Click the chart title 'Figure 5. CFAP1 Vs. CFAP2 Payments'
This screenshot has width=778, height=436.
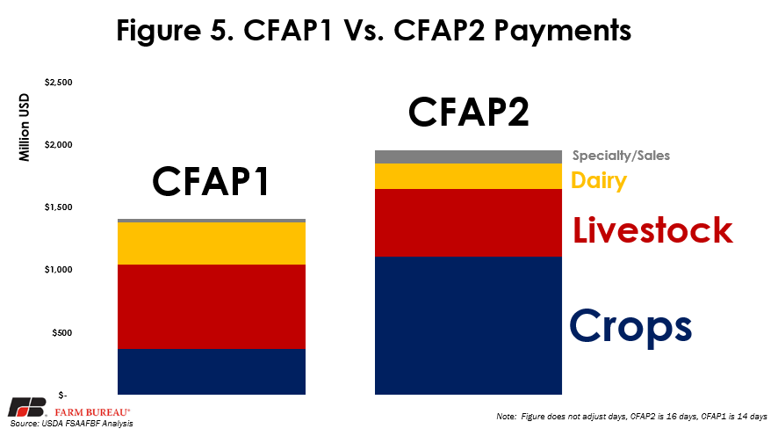[x=373, y=30]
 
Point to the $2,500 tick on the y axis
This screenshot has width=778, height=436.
[x=59, y=83]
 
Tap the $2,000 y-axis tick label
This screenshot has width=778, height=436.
[x=59, y=145]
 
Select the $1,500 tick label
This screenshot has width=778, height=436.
[x=59, y=207]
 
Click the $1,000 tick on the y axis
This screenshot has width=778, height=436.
[x=59, y=270]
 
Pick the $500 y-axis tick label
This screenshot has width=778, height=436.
[x=62, y=332]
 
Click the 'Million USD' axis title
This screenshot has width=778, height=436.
[x=25, y=127]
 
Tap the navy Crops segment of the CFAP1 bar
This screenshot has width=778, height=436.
[x=212, y=372]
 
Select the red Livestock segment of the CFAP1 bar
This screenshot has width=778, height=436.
[x=212, y=307]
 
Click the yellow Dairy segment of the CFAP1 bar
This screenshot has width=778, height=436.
[x=212, y=243]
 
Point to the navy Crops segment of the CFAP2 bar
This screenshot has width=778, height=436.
[x=468, y=326]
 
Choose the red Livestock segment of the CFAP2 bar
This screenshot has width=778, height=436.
[x=468, y=223]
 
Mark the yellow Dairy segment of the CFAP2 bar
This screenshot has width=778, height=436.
[x=468, y=177]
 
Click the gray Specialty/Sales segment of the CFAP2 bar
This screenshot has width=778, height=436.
[x=468, y=157]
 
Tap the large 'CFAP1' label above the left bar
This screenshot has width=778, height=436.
[x=211, y=181]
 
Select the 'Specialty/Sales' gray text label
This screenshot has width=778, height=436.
[x=621, y=156]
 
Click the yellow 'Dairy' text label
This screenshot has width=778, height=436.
[x=599, y=180]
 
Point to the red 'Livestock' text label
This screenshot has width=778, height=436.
[x=653, y=230]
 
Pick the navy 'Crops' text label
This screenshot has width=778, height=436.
[x=630, y=327]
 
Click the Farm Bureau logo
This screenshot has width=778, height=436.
[x=68, y=408]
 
